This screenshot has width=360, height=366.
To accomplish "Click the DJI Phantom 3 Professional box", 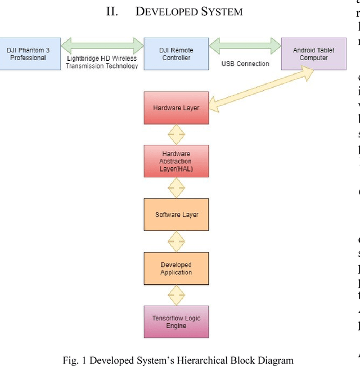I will [28, 54].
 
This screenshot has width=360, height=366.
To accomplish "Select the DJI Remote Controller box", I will [176, 54].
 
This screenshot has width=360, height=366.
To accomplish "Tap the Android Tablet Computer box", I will [313, 54].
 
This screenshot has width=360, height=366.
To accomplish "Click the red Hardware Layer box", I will [176, 108].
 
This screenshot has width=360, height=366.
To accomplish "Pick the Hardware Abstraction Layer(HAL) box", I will [176, 161].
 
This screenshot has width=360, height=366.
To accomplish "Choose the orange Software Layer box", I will [176, 215].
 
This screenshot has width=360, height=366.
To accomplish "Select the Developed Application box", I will [176, 269].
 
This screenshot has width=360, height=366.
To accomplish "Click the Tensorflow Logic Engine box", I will [176, 322].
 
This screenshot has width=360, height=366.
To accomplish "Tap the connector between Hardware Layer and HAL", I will [176, 135].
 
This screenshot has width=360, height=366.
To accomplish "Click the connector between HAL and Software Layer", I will [176, 188].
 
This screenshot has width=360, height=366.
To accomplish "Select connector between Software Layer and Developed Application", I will [176, 242].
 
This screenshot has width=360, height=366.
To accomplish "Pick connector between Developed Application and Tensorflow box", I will [176, 296].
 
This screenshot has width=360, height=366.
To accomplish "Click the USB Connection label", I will [245, 64].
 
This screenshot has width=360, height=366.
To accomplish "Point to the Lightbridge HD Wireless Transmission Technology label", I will [102, 62].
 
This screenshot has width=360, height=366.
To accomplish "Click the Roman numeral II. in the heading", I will [112, 11].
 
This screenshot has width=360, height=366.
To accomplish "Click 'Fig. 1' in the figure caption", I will [75, 360].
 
